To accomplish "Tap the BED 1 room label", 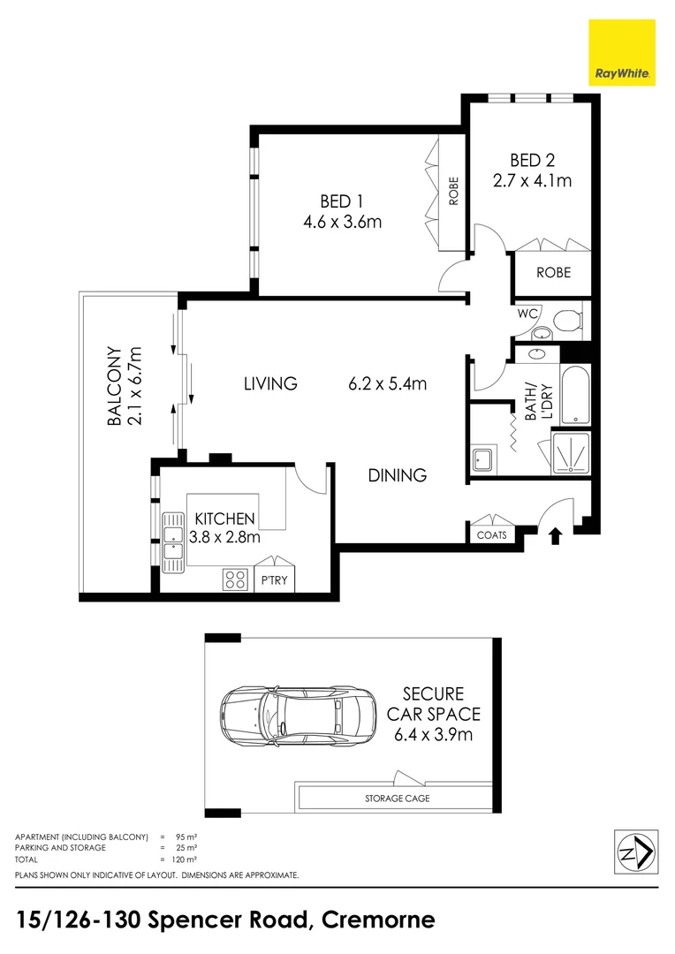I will (341, 200).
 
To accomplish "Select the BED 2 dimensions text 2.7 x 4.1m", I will (532, 182).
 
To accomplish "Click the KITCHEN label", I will (225, 519).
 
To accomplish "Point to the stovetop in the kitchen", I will (235, 579).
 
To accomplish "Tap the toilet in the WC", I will (565, 319).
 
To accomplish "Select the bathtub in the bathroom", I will (573, 395).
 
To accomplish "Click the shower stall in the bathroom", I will (572, 452).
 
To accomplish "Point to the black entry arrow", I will (556, 535).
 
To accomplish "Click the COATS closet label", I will (491, 535).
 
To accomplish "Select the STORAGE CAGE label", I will (398, 799).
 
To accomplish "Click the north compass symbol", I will (634, 852).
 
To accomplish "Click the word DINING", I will (398, 475).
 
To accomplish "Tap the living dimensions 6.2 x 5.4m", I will (388, 383).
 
